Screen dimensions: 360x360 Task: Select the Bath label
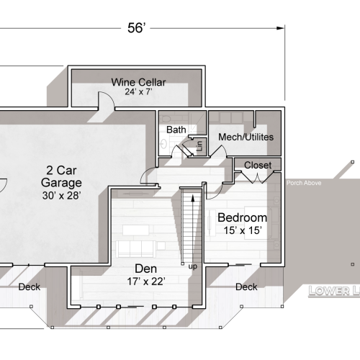click(176, 130)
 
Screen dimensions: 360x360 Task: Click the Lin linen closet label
click(199, 146)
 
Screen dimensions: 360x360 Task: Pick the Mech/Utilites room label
click(240, 137)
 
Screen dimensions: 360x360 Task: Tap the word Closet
click(258, 166)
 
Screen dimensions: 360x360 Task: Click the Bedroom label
click(242, 217)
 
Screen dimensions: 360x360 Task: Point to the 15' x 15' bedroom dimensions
click(242, 230)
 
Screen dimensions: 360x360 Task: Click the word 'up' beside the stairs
click(192, 266)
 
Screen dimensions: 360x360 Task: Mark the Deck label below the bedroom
click(246, 287)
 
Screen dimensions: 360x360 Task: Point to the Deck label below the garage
click(29, 287)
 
